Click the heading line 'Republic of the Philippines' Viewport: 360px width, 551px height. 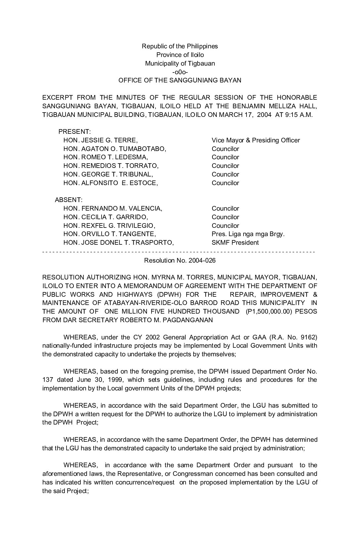180,46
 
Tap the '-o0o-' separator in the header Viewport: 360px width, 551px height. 180,72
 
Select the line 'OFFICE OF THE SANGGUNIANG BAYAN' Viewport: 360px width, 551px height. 180,80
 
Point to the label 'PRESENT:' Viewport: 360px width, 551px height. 74,132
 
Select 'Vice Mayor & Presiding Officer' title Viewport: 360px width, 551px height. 255,140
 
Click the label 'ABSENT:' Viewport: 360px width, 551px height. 68,200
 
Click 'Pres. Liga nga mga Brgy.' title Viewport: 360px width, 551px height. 248,234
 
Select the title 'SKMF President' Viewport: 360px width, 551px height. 235,242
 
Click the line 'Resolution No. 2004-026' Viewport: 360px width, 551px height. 180,260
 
